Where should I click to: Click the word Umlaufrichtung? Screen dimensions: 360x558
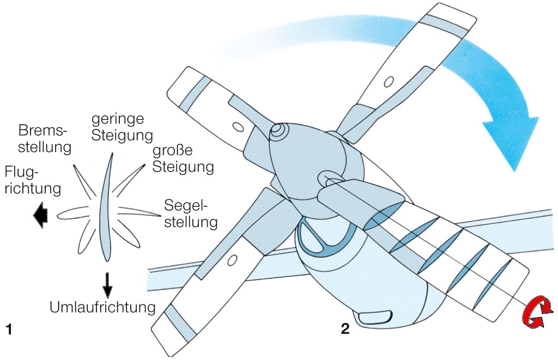tap(102, 307)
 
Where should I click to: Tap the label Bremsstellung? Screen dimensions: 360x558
tap(45, 139)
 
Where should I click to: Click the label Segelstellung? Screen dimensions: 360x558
tap(191, 214)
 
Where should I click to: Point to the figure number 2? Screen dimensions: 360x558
tap(344, 328)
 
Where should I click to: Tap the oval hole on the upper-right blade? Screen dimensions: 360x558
tap(389, 82)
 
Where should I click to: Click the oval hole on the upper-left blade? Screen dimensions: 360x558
tap(239, 126)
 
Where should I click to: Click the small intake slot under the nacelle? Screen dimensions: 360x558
tap(375, 315)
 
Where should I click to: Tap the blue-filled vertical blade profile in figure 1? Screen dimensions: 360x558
tap(105, 207)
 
